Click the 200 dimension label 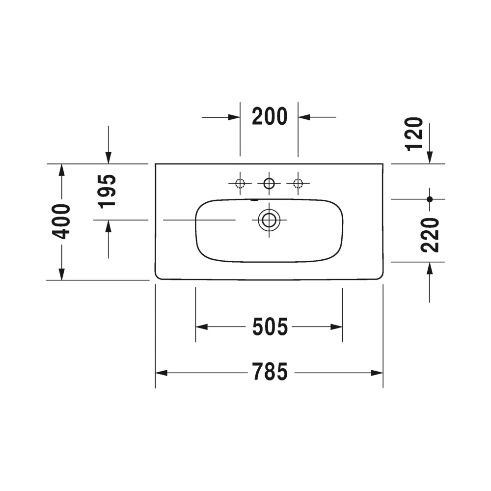[270, 116]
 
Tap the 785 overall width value [270, 372]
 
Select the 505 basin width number [270, 327]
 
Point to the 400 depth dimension [61, 221]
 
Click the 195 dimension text [108, 191]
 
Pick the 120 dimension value [414, 134]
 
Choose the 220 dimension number [430, 235]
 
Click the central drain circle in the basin [269, 220]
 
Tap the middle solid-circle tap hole [269, 183]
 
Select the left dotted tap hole [240, 183]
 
